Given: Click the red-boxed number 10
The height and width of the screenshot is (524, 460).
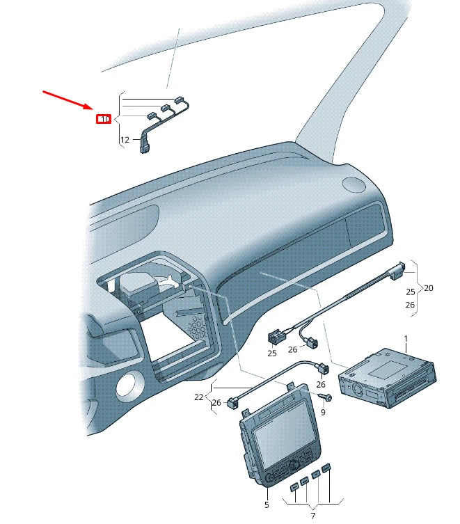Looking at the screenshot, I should point(103,119).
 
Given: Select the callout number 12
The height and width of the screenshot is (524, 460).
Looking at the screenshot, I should point(125,140).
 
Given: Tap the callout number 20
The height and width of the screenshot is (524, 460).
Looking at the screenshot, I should point(428,287).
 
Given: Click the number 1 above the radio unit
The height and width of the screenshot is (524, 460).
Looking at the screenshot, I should point(406,338).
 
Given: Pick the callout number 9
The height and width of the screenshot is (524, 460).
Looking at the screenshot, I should point(323,412).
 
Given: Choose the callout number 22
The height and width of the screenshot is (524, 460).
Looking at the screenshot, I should point(199,397).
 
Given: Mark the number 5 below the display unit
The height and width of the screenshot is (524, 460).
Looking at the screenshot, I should point(267,505).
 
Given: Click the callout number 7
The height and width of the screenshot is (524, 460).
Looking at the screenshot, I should point(312,516).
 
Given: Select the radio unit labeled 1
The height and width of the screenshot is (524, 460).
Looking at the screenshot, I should point(386,379).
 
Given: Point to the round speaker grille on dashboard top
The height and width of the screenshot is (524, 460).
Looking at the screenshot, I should point(354,184).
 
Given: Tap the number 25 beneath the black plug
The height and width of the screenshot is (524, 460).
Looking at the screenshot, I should point(271,354).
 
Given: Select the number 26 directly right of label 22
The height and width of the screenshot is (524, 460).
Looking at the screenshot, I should point(217,403).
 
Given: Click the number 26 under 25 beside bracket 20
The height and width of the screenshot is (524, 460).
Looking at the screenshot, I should point(410,305).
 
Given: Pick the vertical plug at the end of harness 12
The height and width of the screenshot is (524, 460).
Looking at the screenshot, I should point(145,145).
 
